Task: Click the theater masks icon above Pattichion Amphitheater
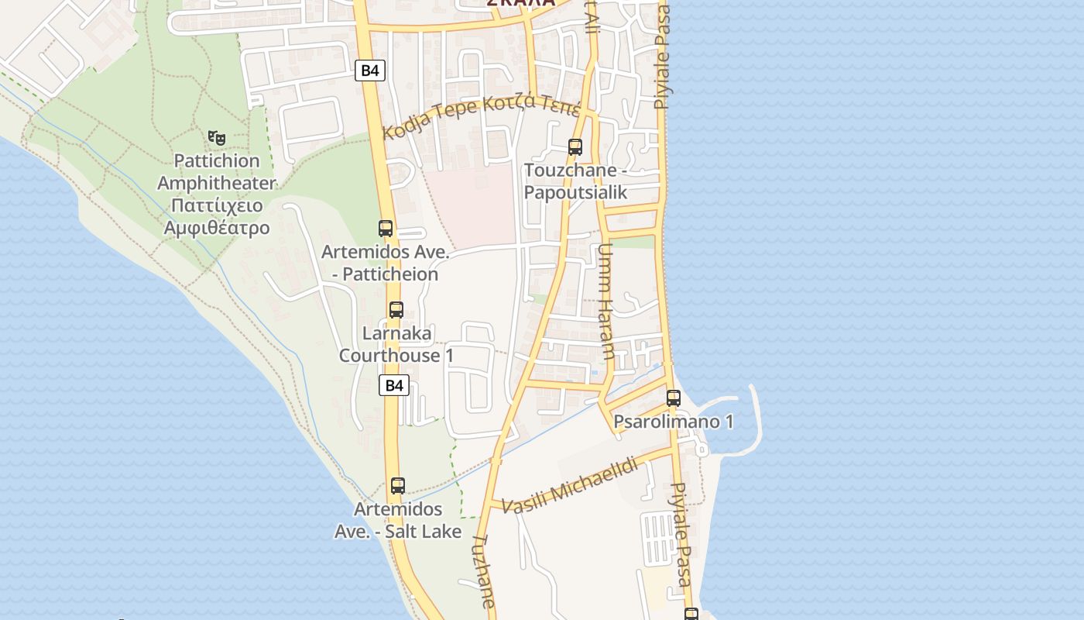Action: (x=217, y=138)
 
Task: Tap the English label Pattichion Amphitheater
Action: (x=216, y=172)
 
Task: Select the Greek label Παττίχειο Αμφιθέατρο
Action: (x=216, y=217)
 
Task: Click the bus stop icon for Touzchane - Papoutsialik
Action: (x=575, y=146)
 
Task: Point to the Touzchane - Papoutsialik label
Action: (x=575, y=181)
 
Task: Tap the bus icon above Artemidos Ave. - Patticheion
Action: (x=386, y=228)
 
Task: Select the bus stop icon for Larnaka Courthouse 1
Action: (x=396, y=310)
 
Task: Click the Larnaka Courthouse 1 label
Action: (x=396, y=344)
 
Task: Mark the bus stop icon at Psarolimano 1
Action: (x=674, y=398)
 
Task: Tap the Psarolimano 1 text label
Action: (x=674, y=422)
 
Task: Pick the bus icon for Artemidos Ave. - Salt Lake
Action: (x=398, y=486)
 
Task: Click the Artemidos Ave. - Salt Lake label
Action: (x=398, y=520)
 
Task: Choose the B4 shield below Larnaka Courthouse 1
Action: (x=394, y=385)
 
